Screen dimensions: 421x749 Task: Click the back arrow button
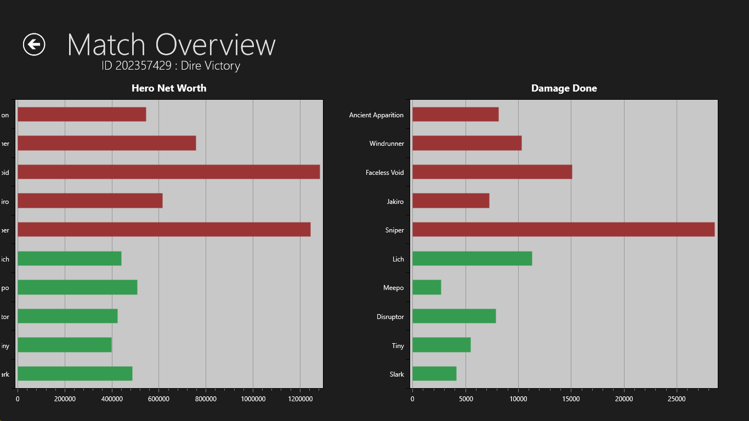coord(34,44)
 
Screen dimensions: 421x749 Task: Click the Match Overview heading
coord(171,44)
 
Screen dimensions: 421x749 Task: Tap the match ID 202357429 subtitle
coord(171,66)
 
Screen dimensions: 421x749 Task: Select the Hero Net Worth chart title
coord(169,88)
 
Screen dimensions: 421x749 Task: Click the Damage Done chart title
coord(564,88)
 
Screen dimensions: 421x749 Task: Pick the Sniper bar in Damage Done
coord(563,230)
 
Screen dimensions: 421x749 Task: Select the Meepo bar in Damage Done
coord(427,287)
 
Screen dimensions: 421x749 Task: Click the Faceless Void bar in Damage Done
coord(492,172)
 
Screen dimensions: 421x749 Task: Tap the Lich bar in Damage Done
coord(472,259)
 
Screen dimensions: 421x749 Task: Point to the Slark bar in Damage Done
coord(434,374)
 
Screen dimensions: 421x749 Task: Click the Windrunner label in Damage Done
coord(387,144)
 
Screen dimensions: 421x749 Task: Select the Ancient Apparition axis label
coord(376,115)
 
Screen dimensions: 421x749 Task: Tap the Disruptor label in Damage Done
coord(390,317)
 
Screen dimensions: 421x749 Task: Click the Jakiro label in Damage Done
coord(395,202)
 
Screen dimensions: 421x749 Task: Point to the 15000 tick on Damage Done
coord(571,399)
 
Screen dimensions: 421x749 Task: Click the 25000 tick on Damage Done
coord(677,399)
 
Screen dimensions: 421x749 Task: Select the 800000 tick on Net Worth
coord(206,399)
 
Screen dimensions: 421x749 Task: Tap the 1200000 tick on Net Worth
coord(300,399)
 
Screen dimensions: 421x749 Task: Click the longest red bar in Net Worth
coord(168,172)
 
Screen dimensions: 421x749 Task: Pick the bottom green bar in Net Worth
coord(75,374)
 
